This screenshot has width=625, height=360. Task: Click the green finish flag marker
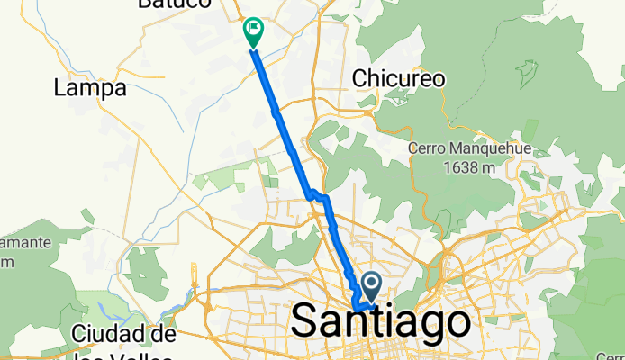[252, 32]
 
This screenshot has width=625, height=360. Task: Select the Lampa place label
[89, 88]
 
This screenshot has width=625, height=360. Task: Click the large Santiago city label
[381, 321]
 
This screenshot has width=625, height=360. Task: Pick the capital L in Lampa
[60, 88]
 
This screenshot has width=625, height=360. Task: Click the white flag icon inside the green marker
[253, 30]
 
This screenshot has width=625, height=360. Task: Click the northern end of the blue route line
[253, 49]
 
